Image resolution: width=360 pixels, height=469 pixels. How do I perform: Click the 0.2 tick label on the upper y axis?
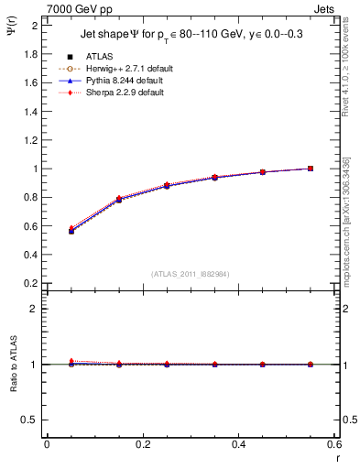tap(30, 284)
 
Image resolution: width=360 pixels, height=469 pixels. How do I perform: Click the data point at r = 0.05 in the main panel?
tap(71, 231)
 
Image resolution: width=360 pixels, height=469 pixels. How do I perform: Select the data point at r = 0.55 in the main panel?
tap(311, 169)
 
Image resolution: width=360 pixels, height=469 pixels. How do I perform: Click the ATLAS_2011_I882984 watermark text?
tap(191, 274)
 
